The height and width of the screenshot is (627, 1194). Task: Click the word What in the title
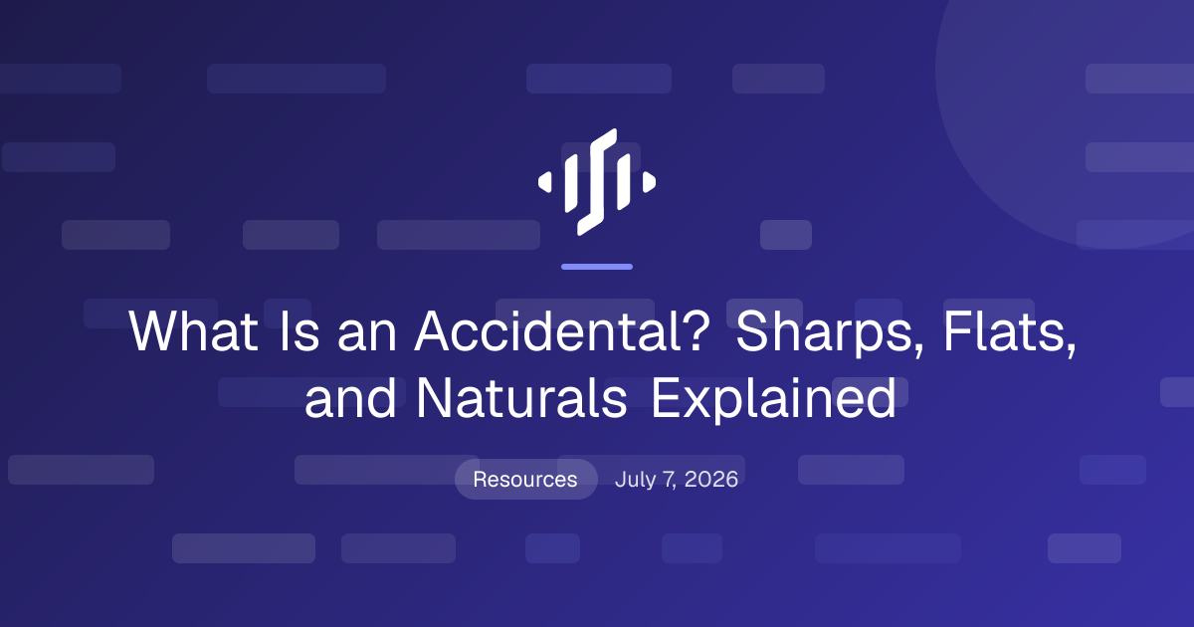tap(193, 331)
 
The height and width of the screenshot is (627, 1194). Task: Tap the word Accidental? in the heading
tap(562, 331)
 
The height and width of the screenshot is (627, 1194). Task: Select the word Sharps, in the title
tap(830, 333)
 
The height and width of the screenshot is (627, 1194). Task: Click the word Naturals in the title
tap(521, 398)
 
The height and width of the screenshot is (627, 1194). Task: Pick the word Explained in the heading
tap(774, 399)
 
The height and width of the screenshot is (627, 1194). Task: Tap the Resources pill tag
tap(525, 480)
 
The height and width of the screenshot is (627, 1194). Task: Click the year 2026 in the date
tap(711, 480)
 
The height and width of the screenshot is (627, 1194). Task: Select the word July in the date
tap(635, 481)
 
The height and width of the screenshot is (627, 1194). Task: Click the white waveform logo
tap(597, 182)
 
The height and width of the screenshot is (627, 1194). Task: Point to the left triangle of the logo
tap(545, 182)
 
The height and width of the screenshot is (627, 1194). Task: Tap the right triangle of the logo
tap(649, 182)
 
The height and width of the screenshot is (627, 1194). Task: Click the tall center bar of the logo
tap(597, 182)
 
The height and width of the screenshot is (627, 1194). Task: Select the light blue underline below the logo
tap(597, 267)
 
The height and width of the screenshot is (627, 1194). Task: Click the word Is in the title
tap(299, 331)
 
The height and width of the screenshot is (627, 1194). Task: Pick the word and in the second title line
tap(350, 398)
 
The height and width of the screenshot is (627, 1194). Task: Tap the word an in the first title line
tap(367, 336)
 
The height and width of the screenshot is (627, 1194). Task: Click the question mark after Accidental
tap(696, 331)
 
